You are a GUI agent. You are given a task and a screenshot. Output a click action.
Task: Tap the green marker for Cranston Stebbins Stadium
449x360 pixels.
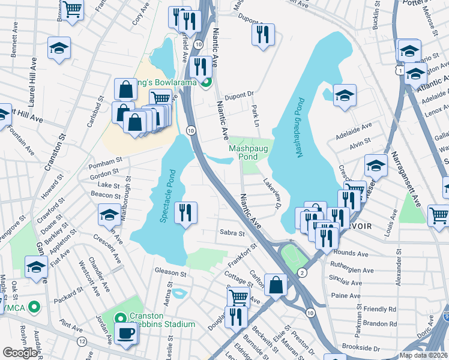click(x=120, y=318)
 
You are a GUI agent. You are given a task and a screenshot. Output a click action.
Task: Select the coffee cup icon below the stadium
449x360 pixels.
click(x=126, y=334)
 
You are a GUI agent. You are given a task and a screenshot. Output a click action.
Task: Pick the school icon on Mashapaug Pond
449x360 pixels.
click(x=345, y=95)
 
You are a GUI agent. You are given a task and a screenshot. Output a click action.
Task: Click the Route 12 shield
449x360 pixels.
click(x=82, y=341)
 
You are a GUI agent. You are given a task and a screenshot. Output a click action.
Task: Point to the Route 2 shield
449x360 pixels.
click(x=302, y=273)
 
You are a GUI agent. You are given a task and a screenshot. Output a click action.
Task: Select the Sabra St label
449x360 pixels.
click(x=232, y=233)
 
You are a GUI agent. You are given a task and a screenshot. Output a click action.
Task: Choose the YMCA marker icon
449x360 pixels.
click(x=34, y=308)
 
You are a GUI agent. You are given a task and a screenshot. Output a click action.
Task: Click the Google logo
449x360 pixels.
click(x=20, y=353)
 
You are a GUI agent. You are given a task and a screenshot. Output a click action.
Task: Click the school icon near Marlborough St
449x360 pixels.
click(x=110, y=214)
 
